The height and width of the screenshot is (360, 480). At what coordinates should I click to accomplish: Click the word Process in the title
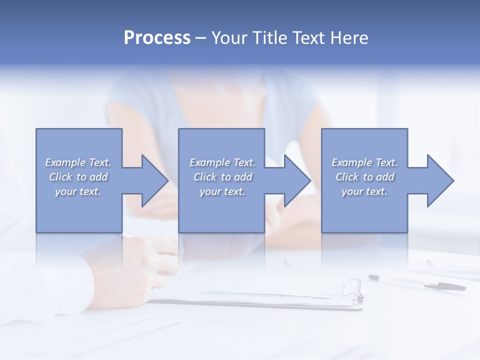(157, 38)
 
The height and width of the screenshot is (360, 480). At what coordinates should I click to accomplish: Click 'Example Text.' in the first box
(78, 162)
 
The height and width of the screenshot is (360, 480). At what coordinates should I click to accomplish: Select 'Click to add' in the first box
(78, 177)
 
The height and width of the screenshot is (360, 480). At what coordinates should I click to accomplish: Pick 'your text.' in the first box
(78, 191)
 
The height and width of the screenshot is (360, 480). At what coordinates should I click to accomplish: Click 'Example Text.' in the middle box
(222, 162)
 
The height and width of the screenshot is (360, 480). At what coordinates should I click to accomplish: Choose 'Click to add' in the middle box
(222, 177)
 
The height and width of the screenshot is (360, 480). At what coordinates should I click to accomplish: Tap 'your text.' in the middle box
(222, 191)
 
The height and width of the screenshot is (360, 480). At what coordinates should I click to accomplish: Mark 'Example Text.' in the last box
(364, 162)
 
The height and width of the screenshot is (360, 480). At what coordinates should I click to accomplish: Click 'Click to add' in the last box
(364, 177)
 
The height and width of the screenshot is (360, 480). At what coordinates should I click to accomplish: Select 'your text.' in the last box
(364, 191)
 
